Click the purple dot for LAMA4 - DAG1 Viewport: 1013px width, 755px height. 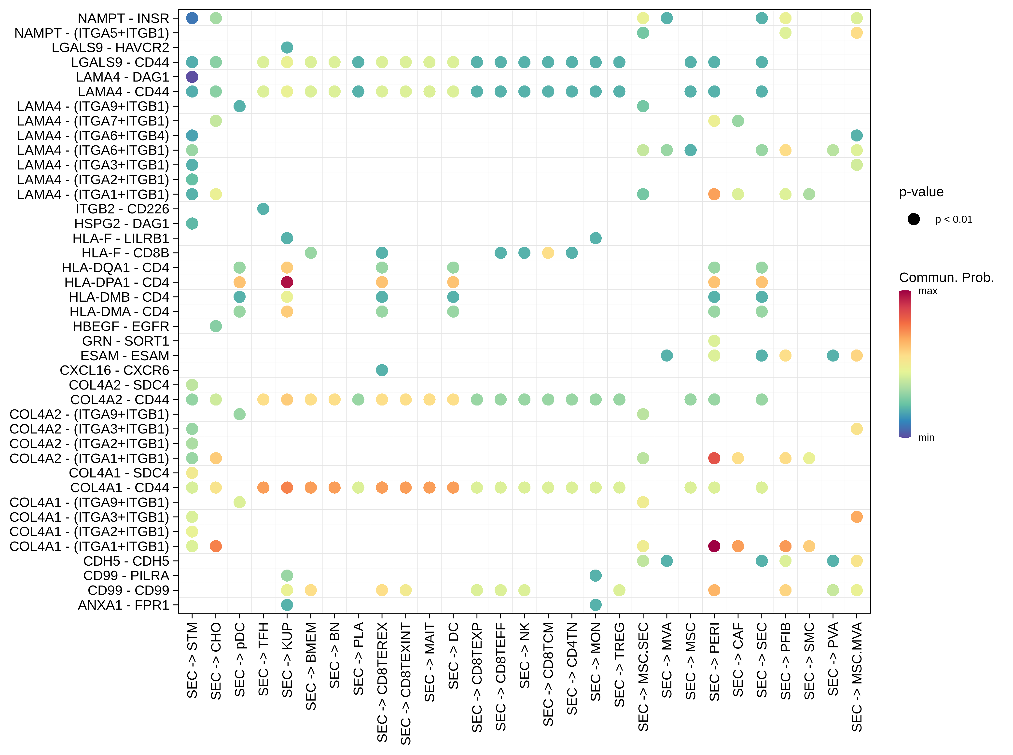(x=192, y=77)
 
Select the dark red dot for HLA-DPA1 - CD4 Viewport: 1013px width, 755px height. (x=287, y=282)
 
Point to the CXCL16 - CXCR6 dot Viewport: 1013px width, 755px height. (x=382, y=370)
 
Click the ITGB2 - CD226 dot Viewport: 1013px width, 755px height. (x=263, y=209)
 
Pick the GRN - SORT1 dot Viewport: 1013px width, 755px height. (x=714, y=341)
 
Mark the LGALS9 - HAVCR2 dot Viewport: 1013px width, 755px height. (x=287, y=48)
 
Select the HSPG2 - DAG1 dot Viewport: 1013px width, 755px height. (x=192, y=224)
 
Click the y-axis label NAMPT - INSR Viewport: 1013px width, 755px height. (x=123, y=18)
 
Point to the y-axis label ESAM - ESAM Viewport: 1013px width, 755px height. (x=125, y=356)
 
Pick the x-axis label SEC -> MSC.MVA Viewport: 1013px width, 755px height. (x=857, y=676)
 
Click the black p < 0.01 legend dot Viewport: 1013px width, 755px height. (x=913, y=219)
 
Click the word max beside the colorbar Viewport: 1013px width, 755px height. (x=928, y=291)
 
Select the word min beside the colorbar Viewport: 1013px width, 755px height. (x=926, y=438)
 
